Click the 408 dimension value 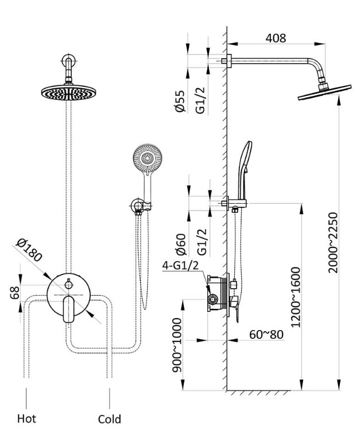(x=276, y=38)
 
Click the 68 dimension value (x=16, y=293)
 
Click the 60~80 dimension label (x=267, y=334)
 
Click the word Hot (x=26, y=418)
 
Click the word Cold (x=109, y=420)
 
